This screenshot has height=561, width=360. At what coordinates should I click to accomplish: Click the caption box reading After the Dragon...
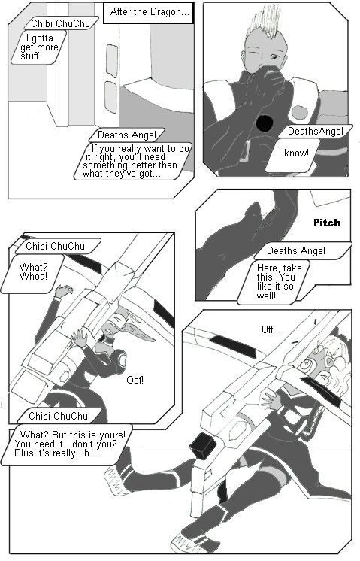(x=149, y=13)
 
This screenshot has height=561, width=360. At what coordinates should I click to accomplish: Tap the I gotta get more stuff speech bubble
(x=38, y=47)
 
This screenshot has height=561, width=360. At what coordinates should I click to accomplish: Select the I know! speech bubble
(x=293, y=155)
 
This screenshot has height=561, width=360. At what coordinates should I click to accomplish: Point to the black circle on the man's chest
(x=265, y=123)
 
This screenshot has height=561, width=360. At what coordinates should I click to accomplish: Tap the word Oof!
(x=135, y=379)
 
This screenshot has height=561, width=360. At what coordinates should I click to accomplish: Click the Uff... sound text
(x=271, y=329)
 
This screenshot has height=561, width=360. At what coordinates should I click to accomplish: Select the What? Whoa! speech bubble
(x=33, y=274)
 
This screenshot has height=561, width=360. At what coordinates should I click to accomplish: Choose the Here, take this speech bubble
(x=274, y=282)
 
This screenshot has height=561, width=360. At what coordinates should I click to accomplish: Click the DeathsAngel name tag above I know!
(x=316, y=132)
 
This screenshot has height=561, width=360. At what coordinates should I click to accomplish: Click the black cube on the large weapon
(x=202, y=445)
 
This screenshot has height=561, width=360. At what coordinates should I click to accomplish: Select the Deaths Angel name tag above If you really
(x=127, y=135)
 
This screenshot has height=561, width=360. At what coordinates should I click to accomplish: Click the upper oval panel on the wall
(x=111, y=61)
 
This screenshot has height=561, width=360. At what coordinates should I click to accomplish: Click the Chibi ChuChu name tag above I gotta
(x=60, y=23)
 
